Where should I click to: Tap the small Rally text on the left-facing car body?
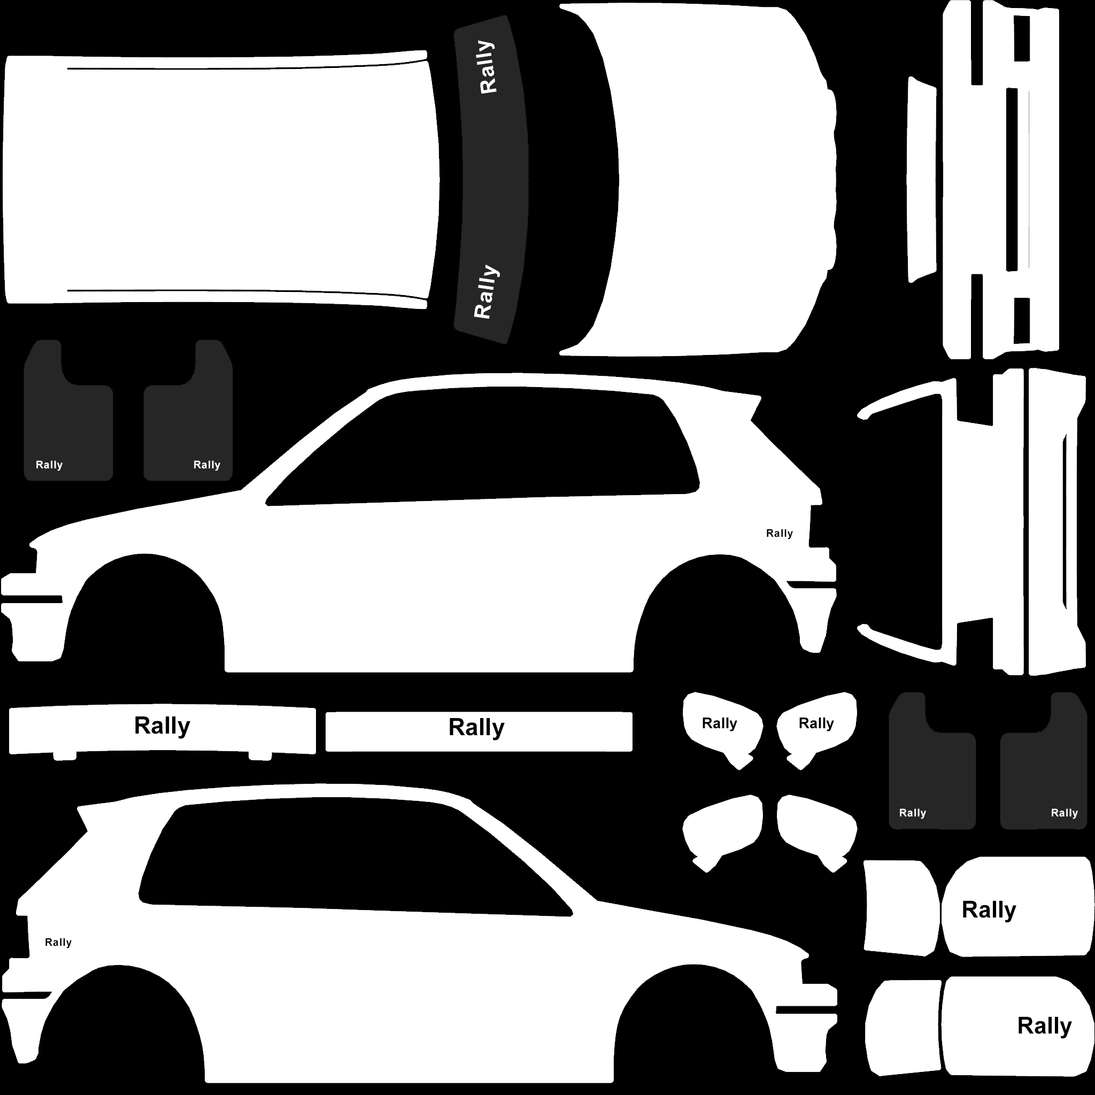point(780,533)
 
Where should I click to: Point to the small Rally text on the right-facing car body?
point(58,943)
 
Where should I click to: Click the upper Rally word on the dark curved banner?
point(487,67)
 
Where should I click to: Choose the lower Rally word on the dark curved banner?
point(485,291)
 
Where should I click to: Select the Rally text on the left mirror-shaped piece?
point(720,724)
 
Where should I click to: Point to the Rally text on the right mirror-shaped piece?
point(816,724)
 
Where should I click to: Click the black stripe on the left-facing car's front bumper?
point(32,599)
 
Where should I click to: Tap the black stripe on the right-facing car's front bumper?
point(806,1010)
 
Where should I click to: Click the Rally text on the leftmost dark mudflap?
point(49,465)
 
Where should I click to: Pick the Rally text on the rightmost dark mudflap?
point(1065,813)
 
